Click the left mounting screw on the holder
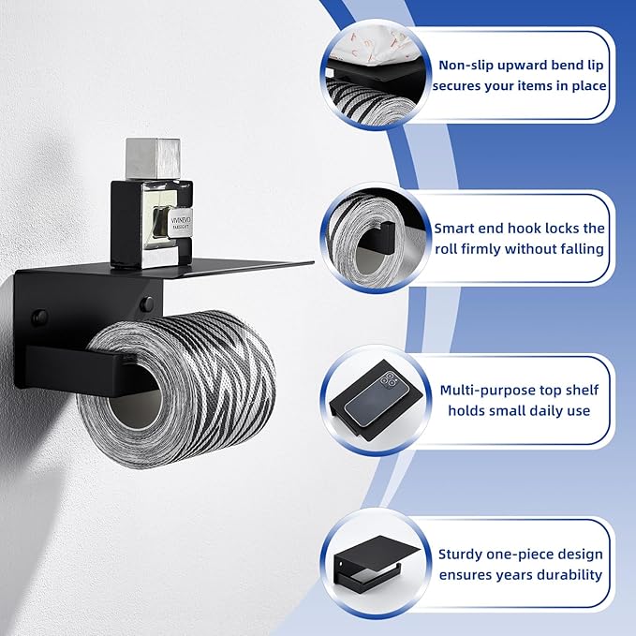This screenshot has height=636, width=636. (x=38, y=318)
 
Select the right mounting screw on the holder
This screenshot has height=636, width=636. (x=146, y=304)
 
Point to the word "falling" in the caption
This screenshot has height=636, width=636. (x=579, y=249)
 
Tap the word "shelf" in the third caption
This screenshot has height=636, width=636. (x=580, y=390)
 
